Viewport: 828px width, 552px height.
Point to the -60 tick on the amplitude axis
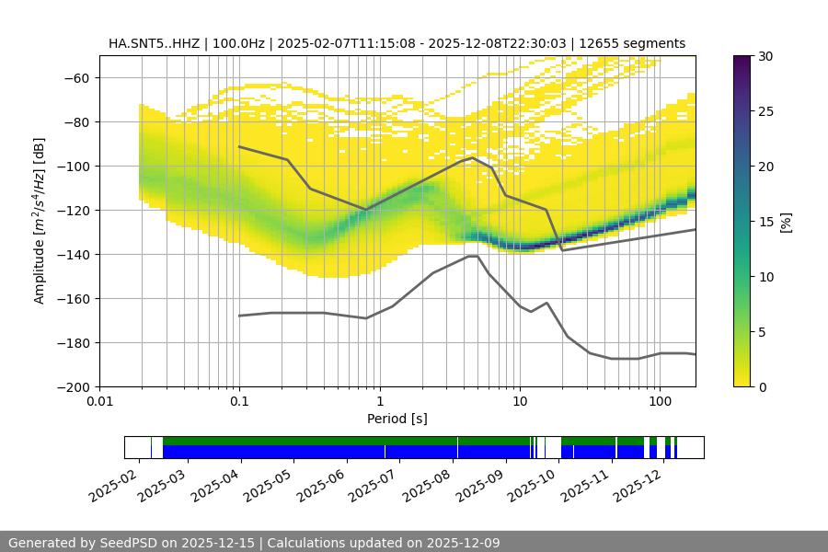(76, 77)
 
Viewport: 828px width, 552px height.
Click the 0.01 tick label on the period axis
(99, 401)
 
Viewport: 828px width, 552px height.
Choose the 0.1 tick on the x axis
(239, 401)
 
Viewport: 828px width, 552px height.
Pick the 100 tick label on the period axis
(659, 401)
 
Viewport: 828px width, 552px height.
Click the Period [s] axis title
(397, 419)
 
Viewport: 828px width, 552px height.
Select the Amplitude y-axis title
(40, 221)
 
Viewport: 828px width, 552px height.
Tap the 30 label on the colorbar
(765, 56)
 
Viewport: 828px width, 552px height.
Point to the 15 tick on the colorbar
(765, 221)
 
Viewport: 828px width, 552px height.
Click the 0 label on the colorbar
(762, 386)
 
